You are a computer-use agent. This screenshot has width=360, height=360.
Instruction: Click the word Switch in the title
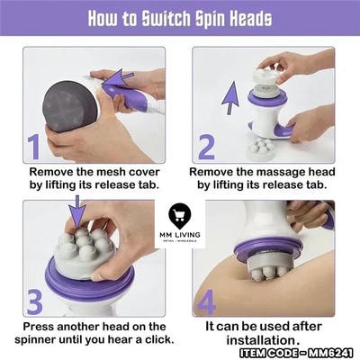click(166, 18)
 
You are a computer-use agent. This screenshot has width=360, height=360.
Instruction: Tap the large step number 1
click(34, 147)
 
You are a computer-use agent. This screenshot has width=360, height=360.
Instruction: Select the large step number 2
click(206, 147)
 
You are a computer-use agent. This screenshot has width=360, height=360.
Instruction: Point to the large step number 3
click(35, 302)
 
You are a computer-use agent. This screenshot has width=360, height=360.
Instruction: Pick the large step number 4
click(207, 302)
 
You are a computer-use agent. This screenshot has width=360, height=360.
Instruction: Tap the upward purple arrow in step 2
click(230, 98)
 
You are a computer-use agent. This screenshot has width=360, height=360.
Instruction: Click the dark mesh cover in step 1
click(69, 106)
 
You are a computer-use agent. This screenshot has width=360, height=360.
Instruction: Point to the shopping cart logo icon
click(180, 215)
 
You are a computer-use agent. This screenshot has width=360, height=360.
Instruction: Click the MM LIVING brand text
click(180, 235)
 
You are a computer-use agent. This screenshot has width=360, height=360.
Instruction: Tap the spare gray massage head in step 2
click(260, 148)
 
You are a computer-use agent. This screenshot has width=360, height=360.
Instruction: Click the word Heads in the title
click(251, 18)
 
